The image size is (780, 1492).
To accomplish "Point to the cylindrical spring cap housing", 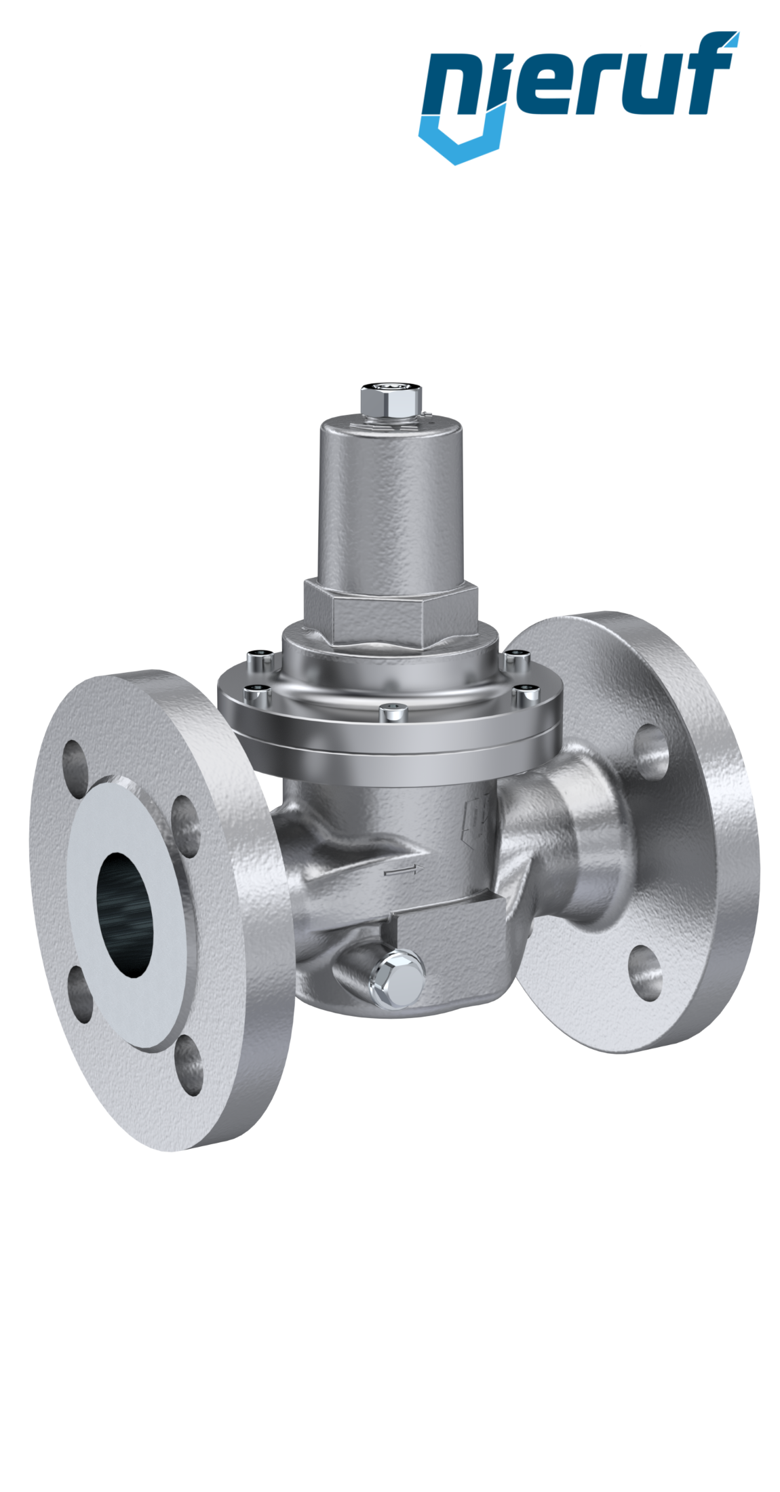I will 391,502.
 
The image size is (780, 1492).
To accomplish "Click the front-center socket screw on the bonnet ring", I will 391,712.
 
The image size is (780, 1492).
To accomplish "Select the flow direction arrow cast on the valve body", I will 404,871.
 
